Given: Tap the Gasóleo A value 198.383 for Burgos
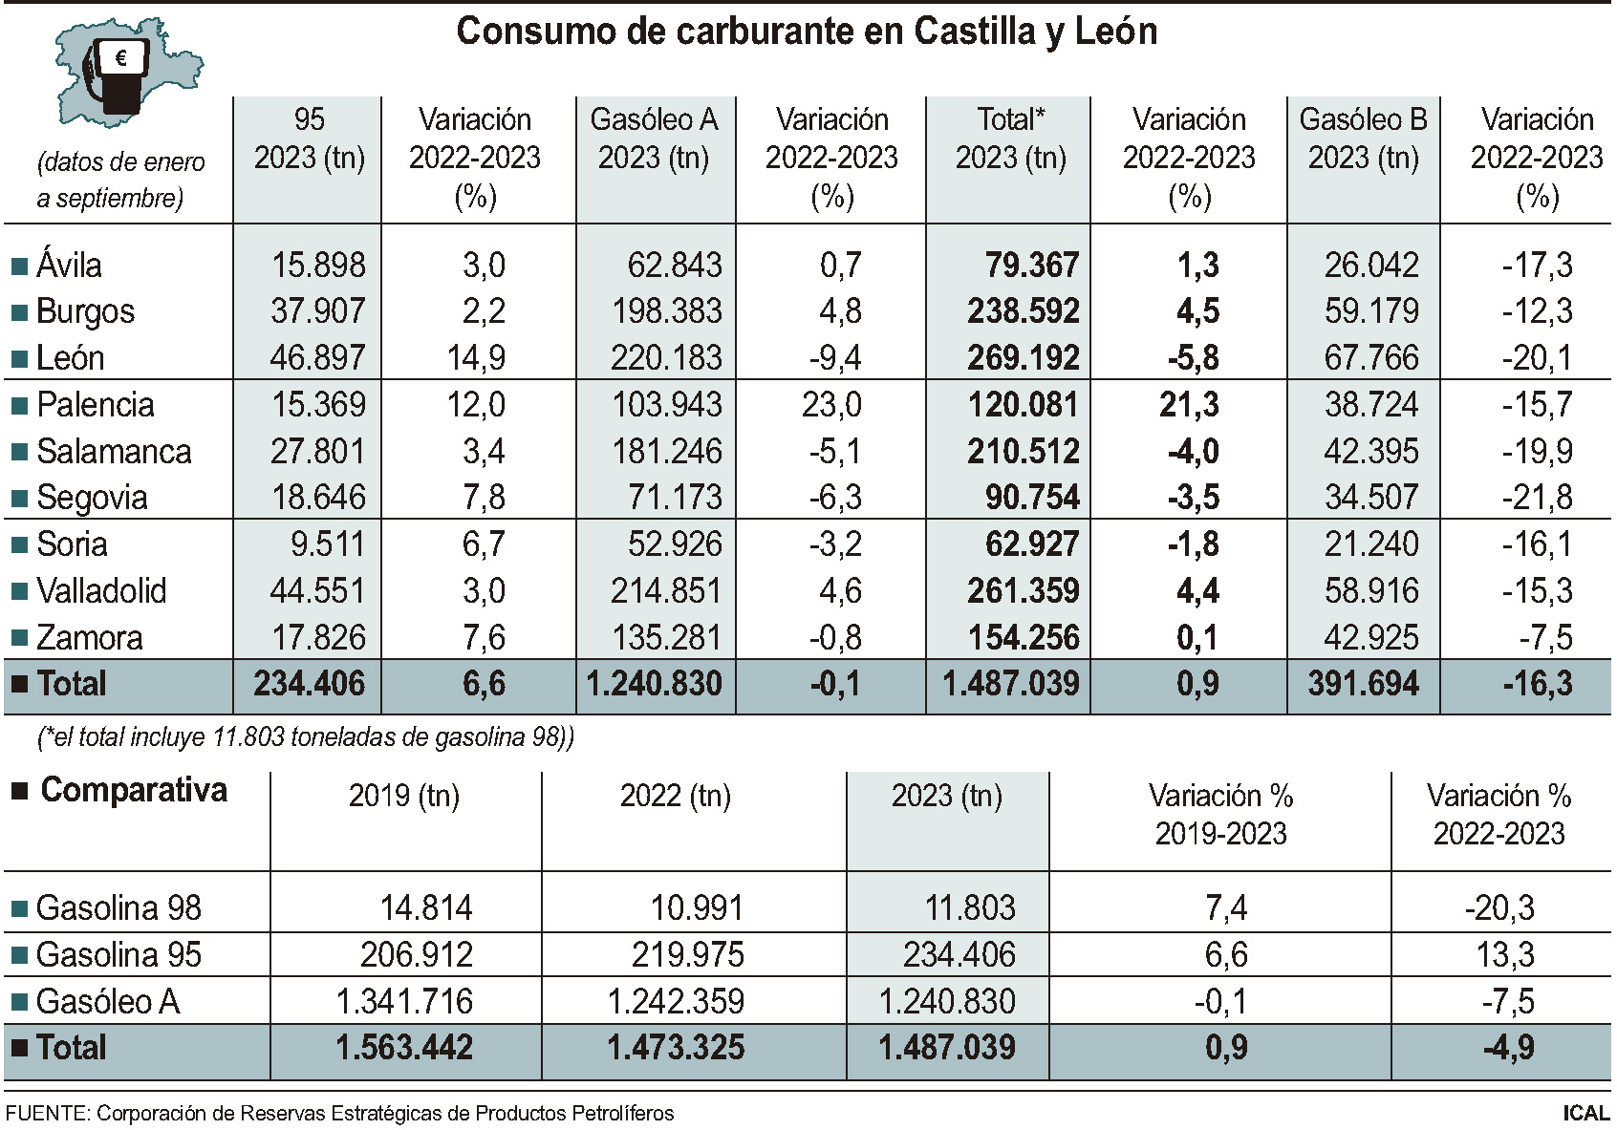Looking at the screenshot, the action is (x=666, y=311).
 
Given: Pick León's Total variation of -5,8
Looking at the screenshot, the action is (x=1194, y=358).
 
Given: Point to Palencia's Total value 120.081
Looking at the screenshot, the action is (x=1024, y=404).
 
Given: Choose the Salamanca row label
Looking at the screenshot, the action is (x=114, y=451).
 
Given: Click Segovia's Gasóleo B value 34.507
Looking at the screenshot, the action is (x=1371, y=497).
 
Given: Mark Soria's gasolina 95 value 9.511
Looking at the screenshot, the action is (x=328, y=544).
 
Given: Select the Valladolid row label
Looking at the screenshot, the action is (x=101, y=590).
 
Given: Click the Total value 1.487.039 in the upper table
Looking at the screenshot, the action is (x=1011, y=683).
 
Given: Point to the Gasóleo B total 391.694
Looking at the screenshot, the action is (x=1364, y=683).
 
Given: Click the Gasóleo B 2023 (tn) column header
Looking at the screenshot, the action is (x=1364, y=139).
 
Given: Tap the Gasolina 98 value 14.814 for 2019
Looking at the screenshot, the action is (x=426, y=907).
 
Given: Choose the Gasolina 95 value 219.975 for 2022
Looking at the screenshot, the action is (x=688, y=954).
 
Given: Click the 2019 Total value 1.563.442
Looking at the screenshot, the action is (x=404, y=1047).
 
